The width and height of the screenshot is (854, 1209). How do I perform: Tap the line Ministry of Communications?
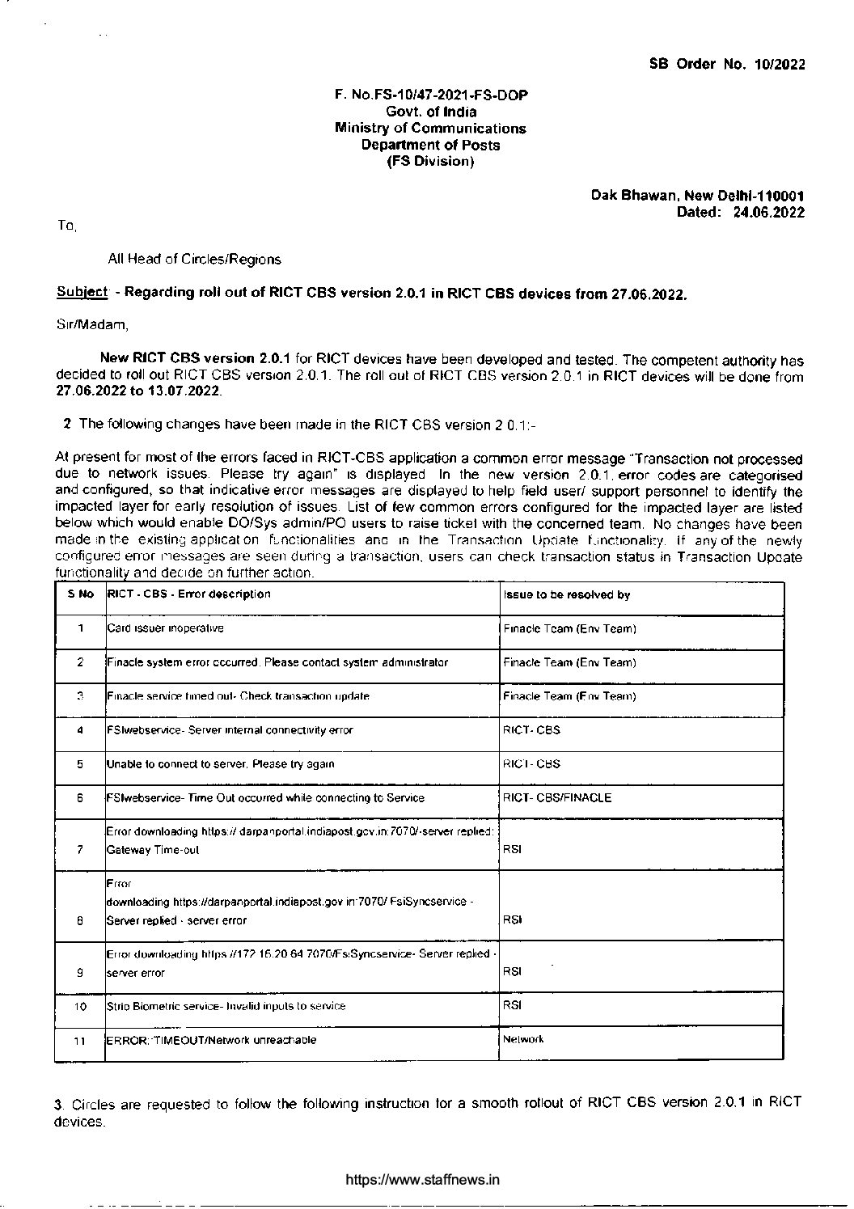430,129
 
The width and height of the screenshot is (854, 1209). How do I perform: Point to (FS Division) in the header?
430,162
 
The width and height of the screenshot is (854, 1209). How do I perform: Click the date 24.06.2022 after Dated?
768,213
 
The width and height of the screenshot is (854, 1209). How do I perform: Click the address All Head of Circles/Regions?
194,260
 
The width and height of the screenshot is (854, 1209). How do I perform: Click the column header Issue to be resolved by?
566,594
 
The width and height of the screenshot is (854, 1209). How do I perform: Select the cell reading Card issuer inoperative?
165,628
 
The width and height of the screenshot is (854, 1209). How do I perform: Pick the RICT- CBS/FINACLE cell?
557,798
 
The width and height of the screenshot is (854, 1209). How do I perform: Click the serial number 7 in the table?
80,850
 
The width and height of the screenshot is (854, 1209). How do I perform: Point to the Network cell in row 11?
523,1039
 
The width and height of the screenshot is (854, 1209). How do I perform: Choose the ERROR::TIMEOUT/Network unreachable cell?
211,1040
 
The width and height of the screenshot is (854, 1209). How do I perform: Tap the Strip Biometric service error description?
226,1006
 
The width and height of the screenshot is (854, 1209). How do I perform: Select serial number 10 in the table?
80,1007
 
